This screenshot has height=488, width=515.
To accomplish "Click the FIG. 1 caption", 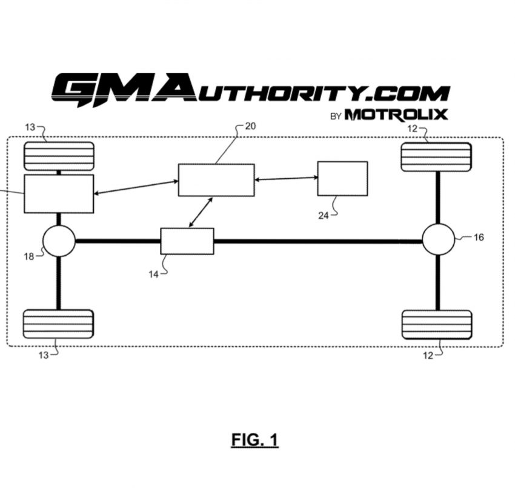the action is click(x=255, y=440).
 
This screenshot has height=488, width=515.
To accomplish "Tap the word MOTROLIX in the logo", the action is click(x=396, y=115).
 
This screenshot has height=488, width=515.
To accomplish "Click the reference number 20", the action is click(x=250, y=126).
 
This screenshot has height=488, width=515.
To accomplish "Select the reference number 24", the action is click(x=324, y=216).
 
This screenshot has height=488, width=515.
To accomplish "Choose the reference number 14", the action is click(x=154, y=275).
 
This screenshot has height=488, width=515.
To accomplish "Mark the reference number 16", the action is click(x=479, y=237).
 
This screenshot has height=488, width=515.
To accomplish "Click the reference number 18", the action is click(x=29, y=256).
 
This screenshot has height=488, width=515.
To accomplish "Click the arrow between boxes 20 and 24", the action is click(x=286, y=178).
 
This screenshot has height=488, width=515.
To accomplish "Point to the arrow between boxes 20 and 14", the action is click(x=201, y=212).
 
